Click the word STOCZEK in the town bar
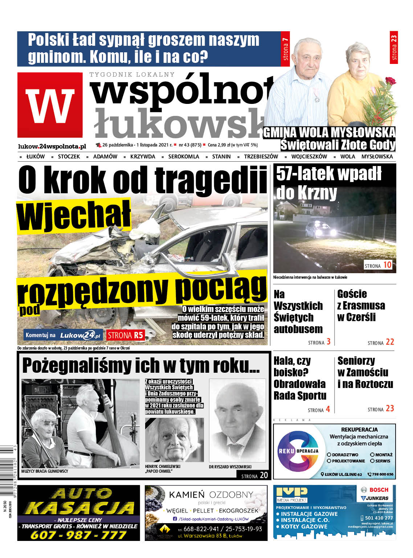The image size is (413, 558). pyautogui.click(x=69, y=157)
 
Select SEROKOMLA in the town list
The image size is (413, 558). pyautogui.click(x=184, y=157)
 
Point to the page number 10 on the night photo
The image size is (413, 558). pyautogui.click(x=387, y=265)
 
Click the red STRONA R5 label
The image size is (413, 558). pyautogui.click(x=126, y=335)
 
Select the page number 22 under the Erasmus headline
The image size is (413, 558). pyautogui.click(x=390, y=342)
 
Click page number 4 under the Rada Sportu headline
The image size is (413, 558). pyautogui.click(x=328, y=409)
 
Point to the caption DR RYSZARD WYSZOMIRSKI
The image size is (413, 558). pyautogui.click(x=230, y=467)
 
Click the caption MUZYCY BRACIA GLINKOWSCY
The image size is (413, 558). pyautogui.click(x=45, y=471)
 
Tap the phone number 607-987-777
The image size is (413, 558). pyautogui.click(x=78, y=535)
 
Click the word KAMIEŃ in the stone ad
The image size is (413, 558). pyautogui.click(x=187, y=495)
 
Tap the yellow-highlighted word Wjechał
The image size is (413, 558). pyautogui.click(x=74, y=217)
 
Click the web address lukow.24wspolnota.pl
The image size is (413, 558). pyautogui.click(x=52, y=146)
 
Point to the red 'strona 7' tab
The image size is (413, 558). pyautogui.click(x=285, y=49)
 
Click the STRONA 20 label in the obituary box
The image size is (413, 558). pyautogui.click(x=254, y=475)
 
